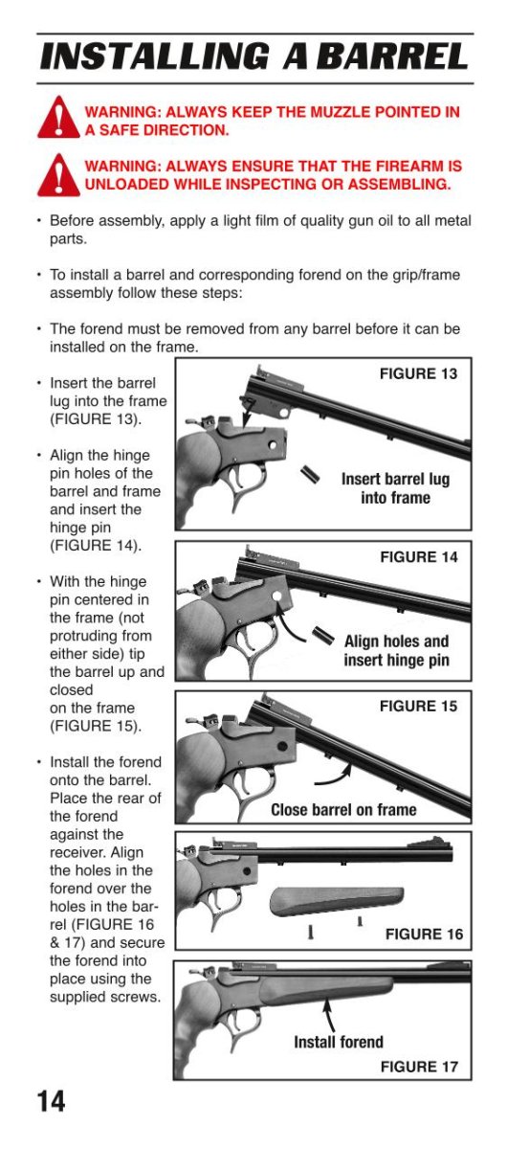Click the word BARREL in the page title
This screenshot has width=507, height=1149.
coord(392,56)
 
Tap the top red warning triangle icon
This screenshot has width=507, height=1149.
coord(58,118)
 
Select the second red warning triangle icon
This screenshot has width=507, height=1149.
coord(58,175)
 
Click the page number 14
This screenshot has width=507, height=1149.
coord(51,1101)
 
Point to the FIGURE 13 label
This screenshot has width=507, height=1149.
coord(418,374)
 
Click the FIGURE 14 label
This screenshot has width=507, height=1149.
coord(418,557)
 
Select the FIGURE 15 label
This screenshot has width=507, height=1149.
coord(418,707)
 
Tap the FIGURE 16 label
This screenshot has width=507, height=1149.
coord(424,935)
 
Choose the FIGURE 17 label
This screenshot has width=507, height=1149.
coord(419,1067)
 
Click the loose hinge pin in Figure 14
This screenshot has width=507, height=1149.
coord(323,635)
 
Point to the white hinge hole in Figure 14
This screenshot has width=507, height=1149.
coord(276,597)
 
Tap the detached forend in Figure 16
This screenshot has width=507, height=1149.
coord(337,901)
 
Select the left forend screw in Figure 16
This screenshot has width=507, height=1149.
coord(310,931)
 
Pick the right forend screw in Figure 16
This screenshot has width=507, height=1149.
coord(360,922)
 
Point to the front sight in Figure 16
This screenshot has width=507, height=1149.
coord(430,843)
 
